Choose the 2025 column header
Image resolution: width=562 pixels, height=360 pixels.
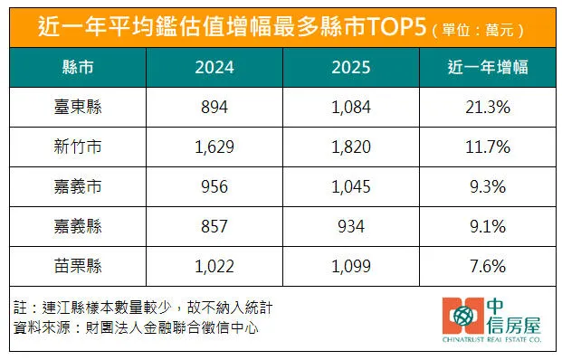[x=350, y=69]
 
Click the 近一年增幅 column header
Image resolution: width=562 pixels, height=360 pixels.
[x=488, y=69]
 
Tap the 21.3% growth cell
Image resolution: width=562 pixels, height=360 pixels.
[x=488, y=107]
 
